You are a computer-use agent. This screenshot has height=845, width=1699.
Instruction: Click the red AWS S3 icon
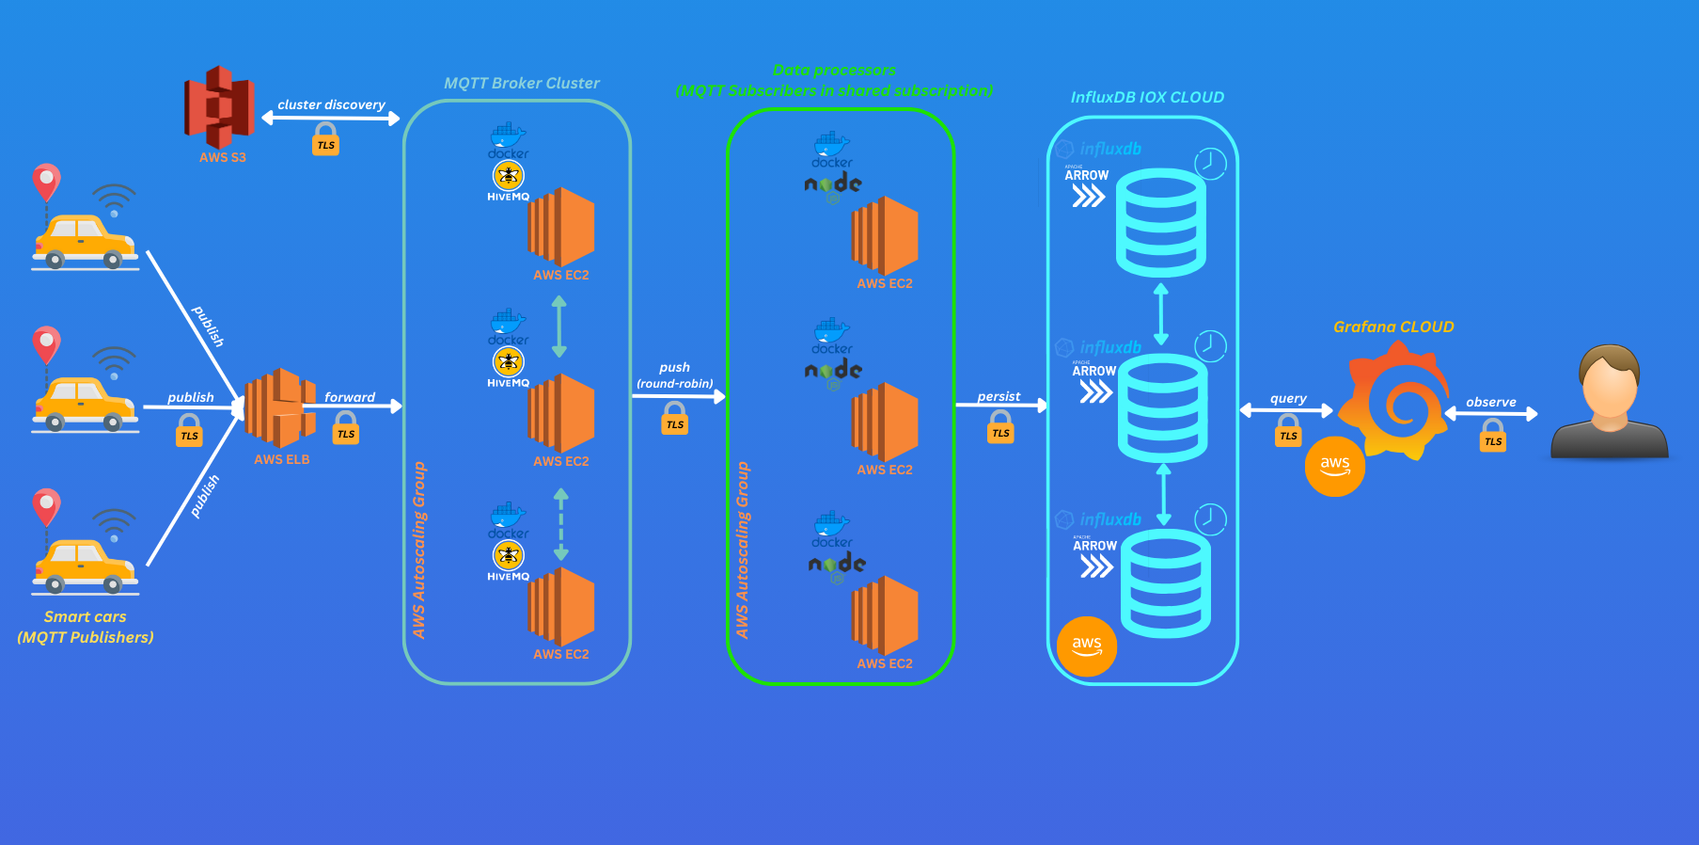219,106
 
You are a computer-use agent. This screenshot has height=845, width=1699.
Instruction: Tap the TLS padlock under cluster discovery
325,140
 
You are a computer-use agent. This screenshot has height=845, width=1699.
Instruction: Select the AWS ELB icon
279,408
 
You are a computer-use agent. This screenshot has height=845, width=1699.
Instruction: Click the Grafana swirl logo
1394,401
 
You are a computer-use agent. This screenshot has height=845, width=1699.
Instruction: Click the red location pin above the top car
46,181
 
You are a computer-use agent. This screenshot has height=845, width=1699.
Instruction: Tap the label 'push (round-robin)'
674,375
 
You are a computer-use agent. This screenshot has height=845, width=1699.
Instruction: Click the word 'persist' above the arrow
999,396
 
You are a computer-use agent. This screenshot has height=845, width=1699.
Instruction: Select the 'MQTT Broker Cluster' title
521,83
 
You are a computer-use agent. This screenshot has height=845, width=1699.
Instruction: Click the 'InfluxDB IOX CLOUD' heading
1147,97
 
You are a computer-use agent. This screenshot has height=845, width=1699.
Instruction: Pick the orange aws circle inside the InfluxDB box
1087,646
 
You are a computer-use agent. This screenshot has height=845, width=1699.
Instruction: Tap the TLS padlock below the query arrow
1288,432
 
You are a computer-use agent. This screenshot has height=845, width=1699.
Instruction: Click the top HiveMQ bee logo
509,175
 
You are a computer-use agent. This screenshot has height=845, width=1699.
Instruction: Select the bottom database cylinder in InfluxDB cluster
1166,583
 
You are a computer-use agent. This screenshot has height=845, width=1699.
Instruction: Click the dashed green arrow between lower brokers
561,524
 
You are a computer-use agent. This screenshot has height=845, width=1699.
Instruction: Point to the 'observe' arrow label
1490,402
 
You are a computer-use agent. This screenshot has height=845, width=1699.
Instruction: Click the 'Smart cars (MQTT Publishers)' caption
85,627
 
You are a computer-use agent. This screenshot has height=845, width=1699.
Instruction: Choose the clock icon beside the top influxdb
1210,164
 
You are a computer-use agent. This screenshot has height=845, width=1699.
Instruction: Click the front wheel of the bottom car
113,584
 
